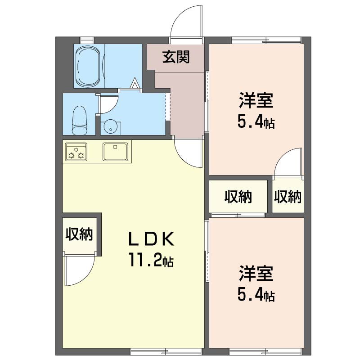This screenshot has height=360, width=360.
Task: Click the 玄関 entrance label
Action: pos(176,57)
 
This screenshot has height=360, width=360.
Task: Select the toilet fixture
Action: pos(80,120)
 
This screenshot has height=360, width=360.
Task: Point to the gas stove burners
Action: pos(76,151)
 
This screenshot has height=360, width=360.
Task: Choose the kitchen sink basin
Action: pos(115,151)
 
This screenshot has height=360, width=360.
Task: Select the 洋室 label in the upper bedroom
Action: pos(256,100)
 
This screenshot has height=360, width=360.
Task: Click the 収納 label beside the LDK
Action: pos(79,234)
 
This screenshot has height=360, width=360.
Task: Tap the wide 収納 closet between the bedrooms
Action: pos(238,197)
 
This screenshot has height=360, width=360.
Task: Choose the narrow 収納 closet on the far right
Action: pos(288,197)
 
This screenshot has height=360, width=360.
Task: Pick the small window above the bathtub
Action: pos(87,40)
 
